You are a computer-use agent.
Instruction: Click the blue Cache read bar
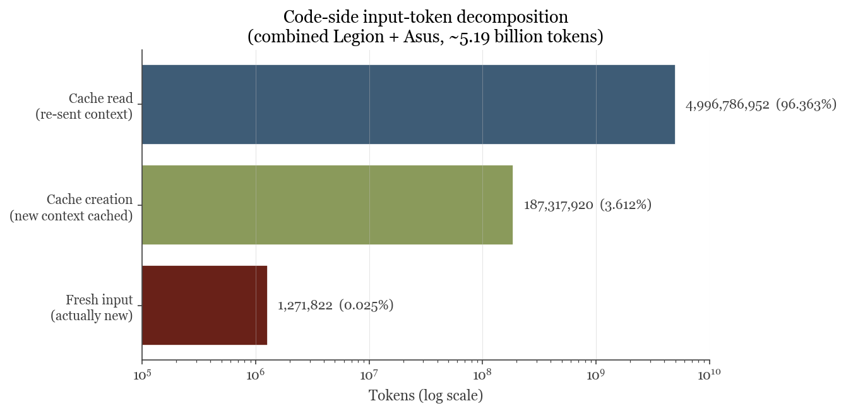point(408,104)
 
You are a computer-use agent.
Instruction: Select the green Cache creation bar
point(328,205)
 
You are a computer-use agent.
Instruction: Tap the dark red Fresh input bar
point(205,305)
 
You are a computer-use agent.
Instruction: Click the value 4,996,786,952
point(727,105)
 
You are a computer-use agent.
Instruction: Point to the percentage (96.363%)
point(806,105)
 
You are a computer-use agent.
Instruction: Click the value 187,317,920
point(558,205)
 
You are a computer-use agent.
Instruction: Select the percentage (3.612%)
point(626,205)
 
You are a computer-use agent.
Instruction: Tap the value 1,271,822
point(305,306)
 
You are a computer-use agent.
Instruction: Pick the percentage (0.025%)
point(366,305)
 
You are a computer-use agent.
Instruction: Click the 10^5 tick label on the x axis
point(143,375)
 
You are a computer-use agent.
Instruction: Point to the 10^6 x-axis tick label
point(256,375)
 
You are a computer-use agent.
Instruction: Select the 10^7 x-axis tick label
point(369,375)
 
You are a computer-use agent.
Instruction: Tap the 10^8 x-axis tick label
point(483,375)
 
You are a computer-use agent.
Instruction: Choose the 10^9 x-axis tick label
point(597,375)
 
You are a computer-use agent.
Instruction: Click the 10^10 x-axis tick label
point(710,375)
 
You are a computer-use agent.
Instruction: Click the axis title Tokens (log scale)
point(426,395)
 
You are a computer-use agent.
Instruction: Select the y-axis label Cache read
point(101,99)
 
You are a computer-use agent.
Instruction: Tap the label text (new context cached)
point(71,216)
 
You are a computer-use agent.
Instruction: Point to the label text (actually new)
point(92,316)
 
